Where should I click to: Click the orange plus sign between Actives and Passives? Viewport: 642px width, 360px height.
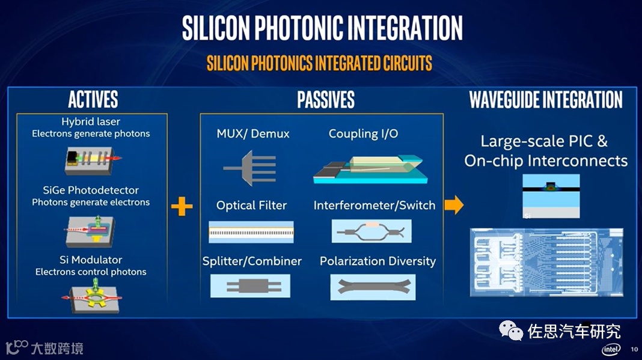pyautogui.click(x=182, y=207)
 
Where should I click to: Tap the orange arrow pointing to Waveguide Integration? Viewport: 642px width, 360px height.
pyautogui.click(x=454, y=206)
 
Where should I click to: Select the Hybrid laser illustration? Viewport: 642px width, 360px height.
pyautogui.click(x=92, y=159)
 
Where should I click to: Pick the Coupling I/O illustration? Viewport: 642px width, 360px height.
pyautogui.click(x=370, y=168)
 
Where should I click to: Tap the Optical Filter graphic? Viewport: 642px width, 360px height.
pyautogui.click(x=251, y=231)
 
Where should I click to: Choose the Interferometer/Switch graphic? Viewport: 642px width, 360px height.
pyautogui.click(x=371, y=231)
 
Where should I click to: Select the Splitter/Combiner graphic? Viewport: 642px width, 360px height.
pyautogui.click(x=250, y=286)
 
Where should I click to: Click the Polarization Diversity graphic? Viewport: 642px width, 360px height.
pyautogui.click(x=373, y=287)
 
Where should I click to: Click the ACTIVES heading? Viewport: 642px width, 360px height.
pyautogui.click(x=93, y=100)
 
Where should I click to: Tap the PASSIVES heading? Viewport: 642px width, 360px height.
pyautogui.click(x=326, y=100)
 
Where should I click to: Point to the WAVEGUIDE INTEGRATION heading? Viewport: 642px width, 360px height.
pyautogui.click(x=546, y=100)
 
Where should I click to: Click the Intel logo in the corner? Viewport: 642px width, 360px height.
pyautogui.click(x=611, y=349)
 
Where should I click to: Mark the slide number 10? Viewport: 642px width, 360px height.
pyautogui.click(x=634, y=349)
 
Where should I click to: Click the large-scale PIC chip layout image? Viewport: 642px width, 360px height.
pyautogui.click(x=545, y=262)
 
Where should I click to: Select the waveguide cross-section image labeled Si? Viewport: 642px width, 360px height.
pyautogui.click(x=551, y=196)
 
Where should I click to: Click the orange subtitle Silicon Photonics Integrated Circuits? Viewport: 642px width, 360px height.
pyautogui.click(x=319, y=63)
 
